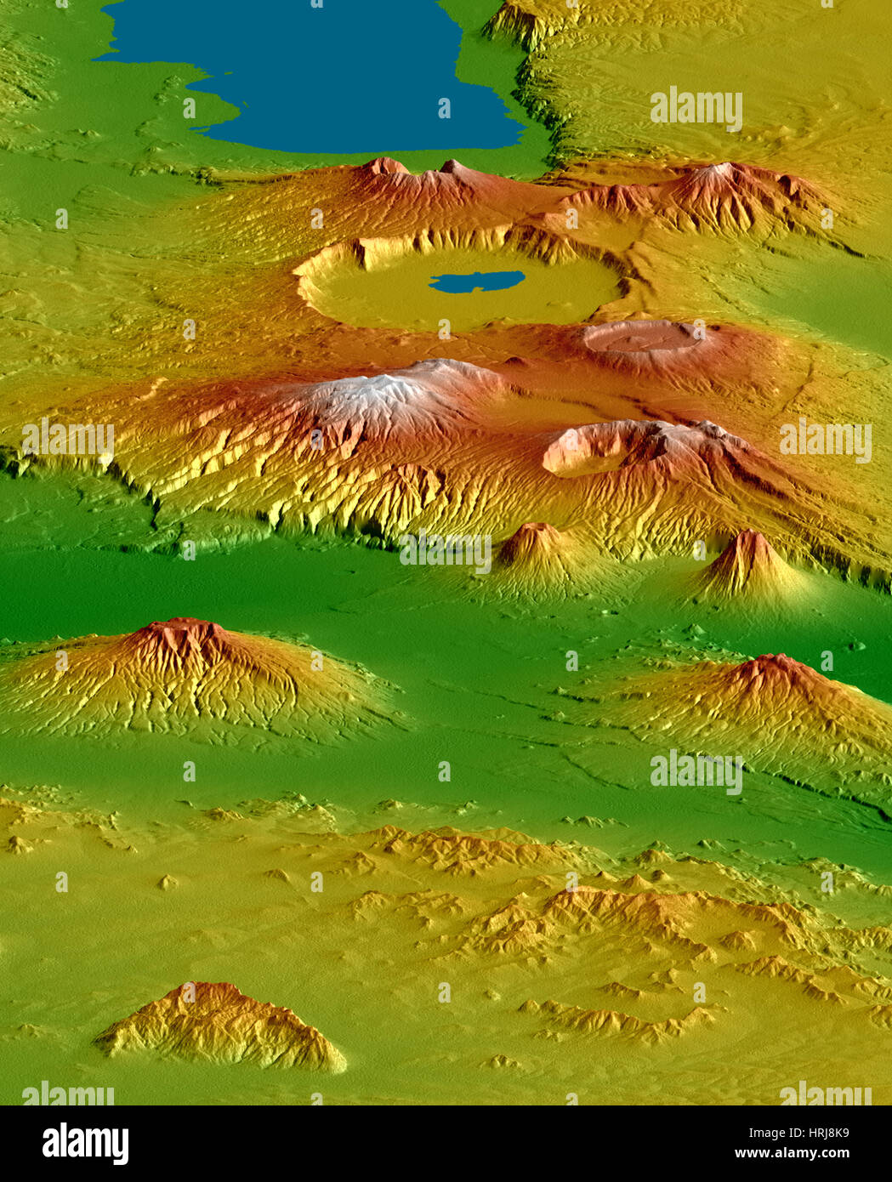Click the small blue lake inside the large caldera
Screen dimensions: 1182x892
click(476, 281)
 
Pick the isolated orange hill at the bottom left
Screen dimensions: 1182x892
click(221, 1025)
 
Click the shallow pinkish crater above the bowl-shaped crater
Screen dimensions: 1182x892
click(642, 337)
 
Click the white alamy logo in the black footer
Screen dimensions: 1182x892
click(86, 1144)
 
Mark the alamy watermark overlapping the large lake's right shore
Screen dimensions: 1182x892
click(696, 109)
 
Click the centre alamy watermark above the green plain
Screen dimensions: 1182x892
click(446, 551)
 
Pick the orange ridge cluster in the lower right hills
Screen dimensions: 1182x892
click(629, 910)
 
